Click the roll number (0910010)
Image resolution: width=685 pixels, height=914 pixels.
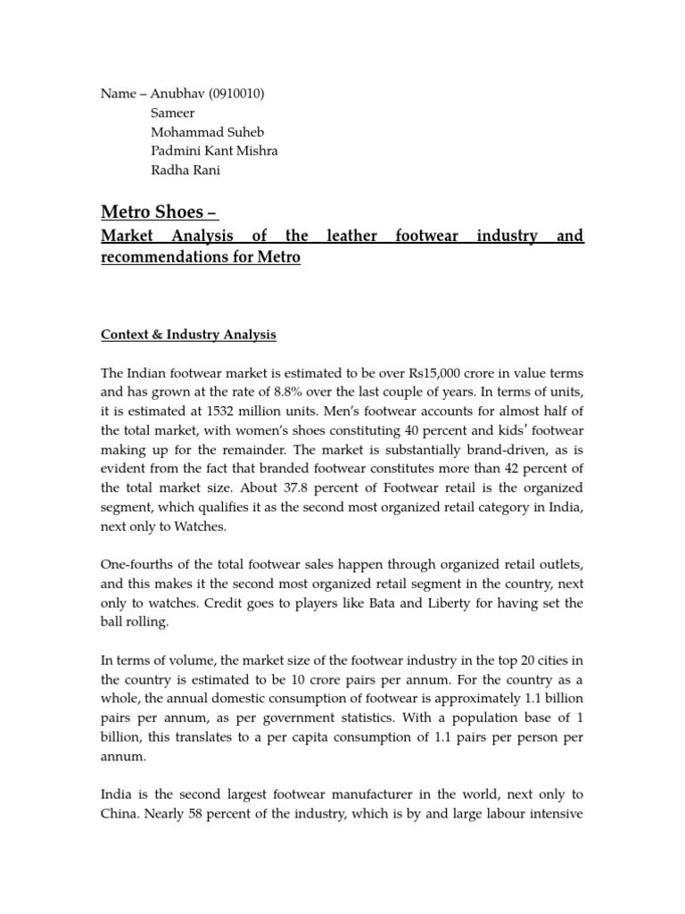236,94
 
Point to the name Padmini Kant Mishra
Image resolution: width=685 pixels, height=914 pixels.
214,151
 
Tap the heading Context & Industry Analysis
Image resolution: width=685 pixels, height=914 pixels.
188,335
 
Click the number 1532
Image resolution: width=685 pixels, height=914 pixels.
248,411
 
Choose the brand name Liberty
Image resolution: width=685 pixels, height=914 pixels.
463,603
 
